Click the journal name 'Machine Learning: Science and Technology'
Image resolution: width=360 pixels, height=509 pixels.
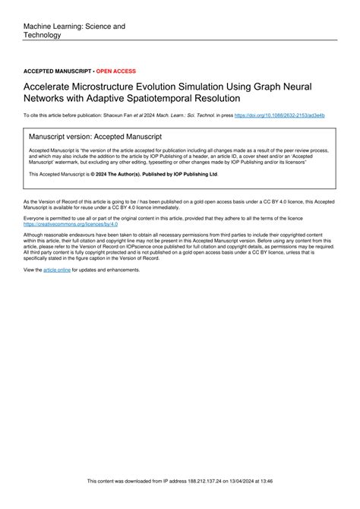coord(74,30)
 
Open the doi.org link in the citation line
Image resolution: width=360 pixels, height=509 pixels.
coord(279,115)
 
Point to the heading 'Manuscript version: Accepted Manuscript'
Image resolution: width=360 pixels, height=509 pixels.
coord(95,137)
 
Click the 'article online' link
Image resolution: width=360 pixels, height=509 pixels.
coord(57,270)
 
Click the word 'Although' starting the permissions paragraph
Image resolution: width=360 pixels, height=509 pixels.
coord(36,236)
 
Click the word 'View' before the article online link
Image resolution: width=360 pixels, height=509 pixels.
coord(32,270)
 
